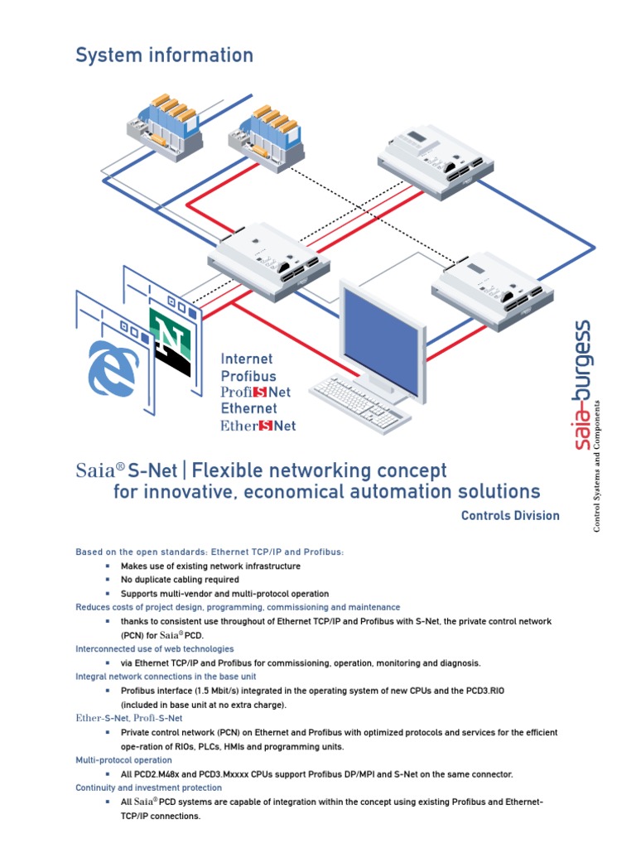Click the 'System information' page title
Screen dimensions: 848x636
click(x=164, y=55)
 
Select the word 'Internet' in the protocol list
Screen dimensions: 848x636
click(x=246, y=359)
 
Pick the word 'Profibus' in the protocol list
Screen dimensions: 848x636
click(x=248, y=376)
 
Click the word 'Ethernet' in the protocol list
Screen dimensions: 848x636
click(x=248, y=409)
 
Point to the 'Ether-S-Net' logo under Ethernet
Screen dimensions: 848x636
click(x=258, y=426)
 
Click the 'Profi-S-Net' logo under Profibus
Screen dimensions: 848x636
click(x=255, y=393)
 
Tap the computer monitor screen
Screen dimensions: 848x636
click(x=379, y=328)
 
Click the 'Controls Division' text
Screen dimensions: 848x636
click(x=510, y=516)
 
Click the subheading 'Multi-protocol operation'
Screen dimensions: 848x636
click(x=124, y=760)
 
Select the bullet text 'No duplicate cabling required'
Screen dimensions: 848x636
click(x=180, y=580)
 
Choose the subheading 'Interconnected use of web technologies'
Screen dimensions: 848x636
click(x=155, y=649)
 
